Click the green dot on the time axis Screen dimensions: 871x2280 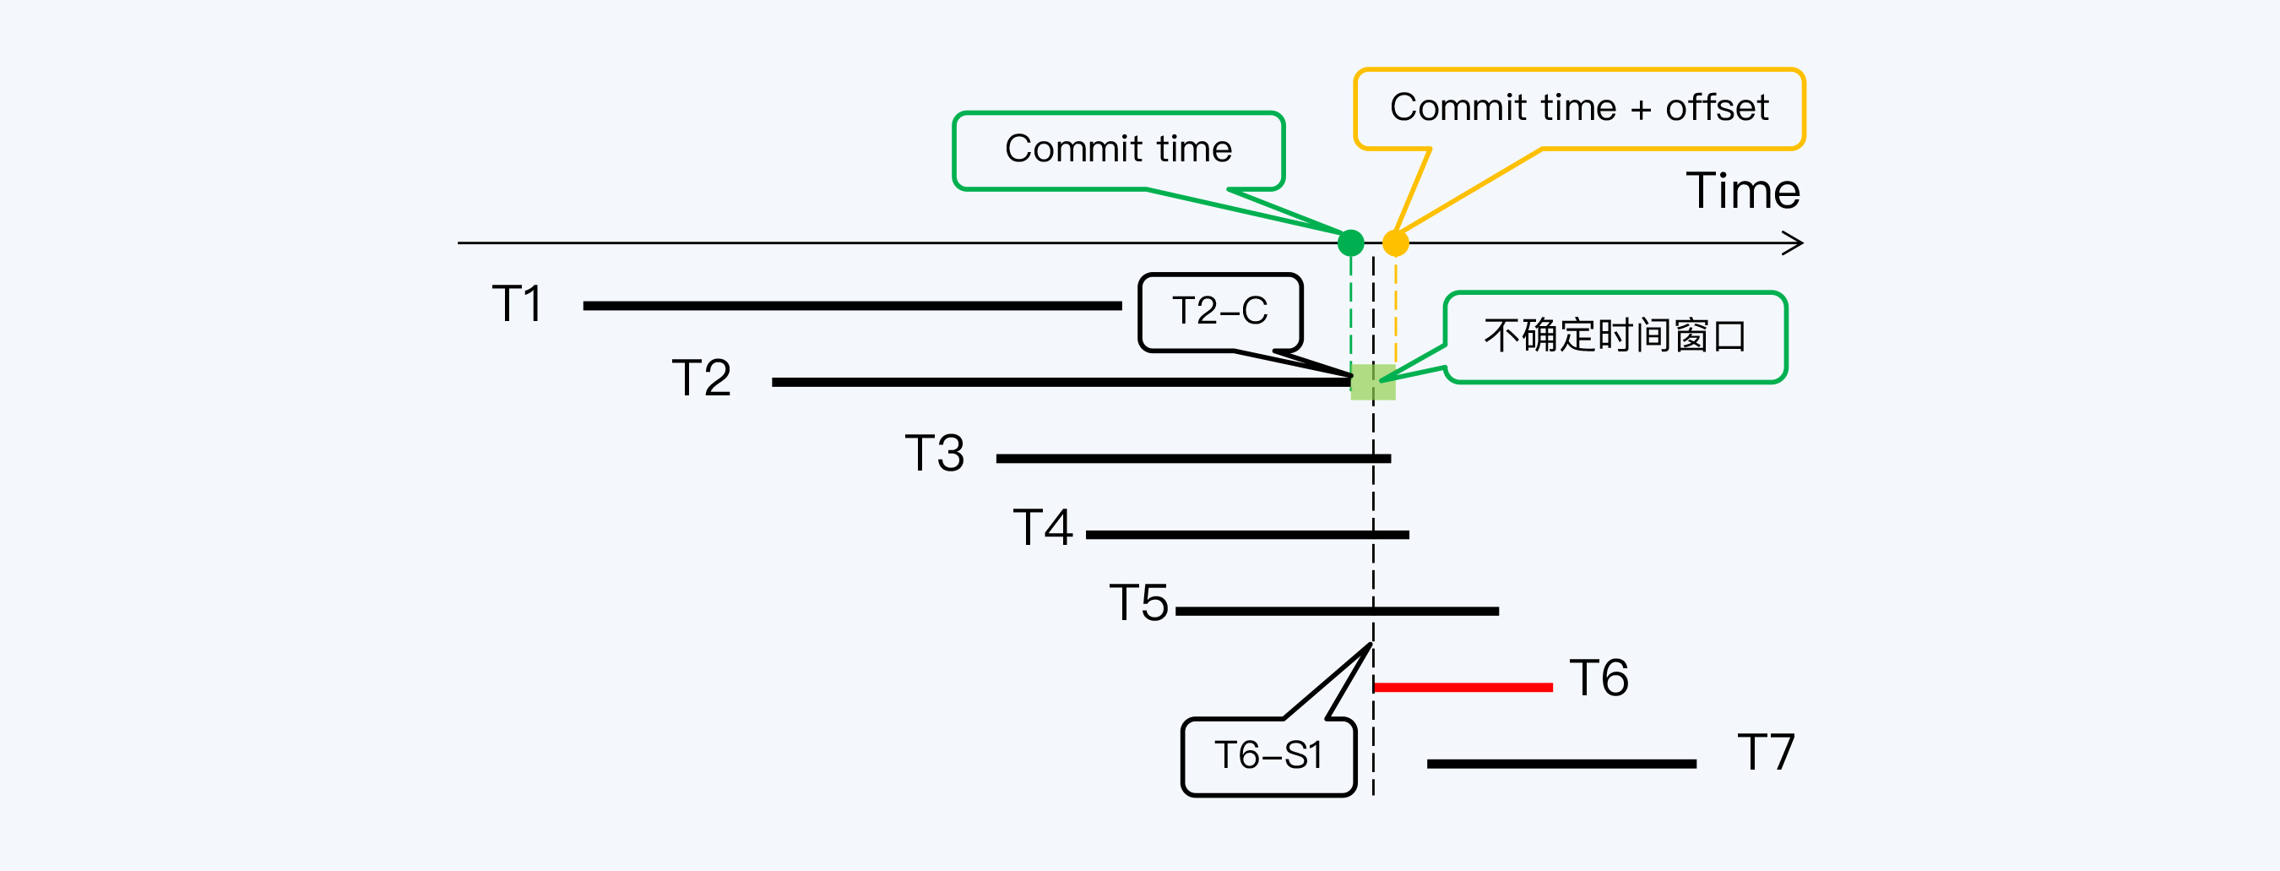[1350, 242]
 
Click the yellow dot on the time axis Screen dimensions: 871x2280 [1396, 242]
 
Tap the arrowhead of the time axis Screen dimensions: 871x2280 [1794, 243]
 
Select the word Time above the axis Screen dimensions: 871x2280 [1742, 191]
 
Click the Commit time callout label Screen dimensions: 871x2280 [1118, 150]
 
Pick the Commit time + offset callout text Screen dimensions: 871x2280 [1578, 108]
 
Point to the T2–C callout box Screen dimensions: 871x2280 [1219, 312]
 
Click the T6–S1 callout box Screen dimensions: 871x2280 [1268, 756]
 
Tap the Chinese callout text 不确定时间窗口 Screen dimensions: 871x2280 [1615, 336]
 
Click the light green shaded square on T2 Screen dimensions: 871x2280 [1373, 383]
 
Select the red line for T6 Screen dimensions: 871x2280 [1463, 687]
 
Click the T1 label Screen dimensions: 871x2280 [517, 304]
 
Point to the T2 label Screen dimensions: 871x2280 [701, 378]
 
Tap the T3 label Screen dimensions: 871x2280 [934, 455]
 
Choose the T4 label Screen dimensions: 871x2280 [1043, 529]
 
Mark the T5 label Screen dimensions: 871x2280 [1138, 604]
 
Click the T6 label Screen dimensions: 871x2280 [1599, 679]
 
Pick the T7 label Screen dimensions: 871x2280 [1766, 754]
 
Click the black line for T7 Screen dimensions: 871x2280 [1561, 764]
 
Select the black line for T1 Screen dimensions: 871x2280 [852, 305]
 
